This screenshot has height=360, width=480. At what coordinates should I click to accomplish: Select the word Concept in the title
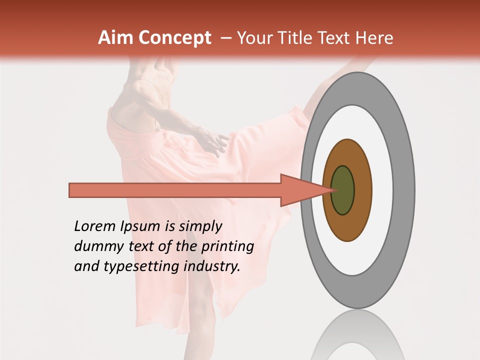point(175,38)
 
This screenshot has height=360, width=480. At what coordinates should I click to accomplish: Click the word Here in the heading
point(374,38)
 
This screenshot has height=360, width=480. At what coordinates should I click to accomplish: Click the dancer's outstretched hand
point(215,142)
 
